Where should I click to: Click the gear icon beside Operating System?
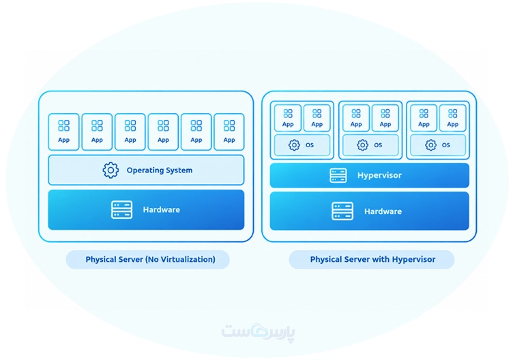[111, 170]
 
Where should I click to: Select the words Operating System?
[160, 170]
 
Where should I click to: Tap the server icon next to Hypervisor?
[338, 175]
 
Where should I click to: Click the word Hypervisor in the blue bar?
[379, 175]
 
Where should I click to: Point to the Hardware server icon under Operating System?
[122, 210]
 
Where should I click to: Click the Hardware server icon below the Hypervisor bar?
[342, 211]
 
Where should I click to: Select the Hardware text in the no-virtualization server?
[161, 210]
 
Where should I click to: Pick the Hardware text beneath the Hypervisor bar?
[383, 211]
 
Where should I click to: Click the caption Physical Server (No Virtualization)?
[151, 259]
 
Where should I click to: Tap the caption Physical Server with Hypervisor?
[373, 259]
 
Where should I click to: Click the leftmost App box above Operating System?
[63, 132]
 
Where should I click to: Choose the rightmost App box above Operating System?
[229, 132]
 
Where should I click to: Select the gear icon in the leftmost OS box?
[294, 145]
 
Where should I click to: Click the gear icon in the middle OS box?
[363, 145]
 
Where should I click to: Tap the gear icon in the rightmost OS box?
[430, 145]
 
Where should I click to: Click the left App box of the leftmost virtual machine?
[288, 118]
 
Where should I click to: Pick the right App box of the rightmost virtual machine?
[453, 118]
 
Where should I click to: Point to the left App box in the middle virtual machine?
[356, 118]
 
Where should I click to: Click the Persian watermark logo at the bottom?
[258, 332]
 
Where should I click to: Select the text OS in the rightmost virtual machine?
[445, 145]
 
